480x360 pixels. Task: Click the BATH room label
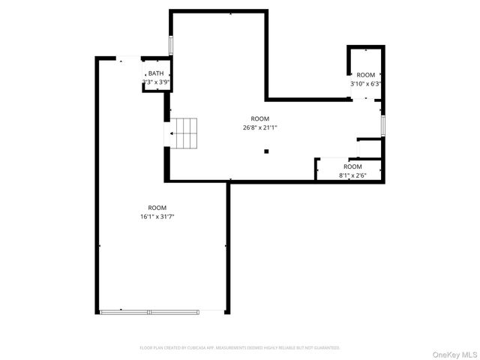157,73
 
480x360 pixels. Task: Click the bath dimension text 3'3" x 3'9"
158,81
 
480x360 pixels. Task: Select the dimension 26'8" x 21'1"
260,127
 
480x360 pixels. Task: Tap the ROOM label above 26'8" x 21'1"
259,118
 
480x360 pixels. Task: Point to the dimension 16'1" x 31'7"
157,217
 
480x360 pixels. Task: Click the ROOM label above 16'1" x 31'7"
157,208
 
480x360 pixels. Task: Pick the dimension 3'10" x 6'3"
366,84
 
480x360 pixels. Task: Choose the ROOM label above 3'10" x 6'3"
366,75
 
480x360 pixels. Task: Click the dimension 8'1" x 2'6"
352,175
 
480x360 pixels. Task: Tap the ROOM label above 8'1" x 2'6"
352,166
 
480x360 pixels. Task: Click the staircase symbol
185,133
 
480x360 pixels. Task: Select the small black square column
266,151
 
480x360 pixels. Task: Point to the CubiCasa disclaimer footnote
240,348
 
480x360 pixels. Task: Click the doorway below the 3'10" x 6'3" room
367,98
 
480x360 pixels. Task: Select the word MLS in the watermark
468,354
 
